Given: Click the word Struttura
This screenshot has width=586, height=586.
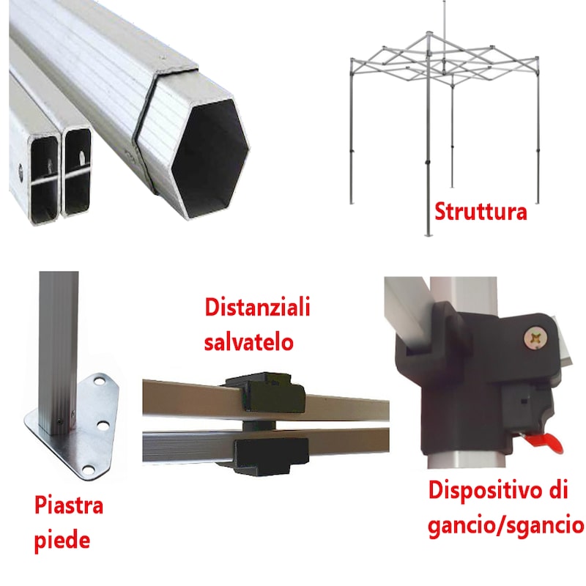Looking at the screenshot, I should click(481, 212).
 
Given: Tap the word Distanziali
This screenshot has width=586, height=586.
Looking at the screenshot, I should click(257, 307).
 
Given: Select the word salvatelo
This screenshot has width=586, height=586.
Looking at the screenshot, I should click(248, 342).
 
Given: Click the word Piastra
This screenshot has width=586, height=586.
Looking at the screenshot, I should click(69, 505).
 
